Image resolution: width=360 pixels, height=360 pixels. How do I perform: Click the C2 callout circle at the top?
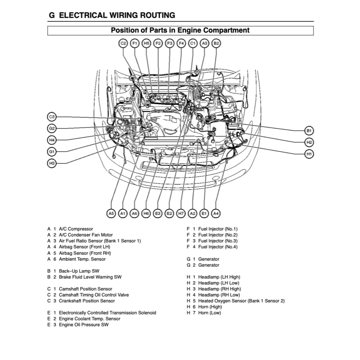tap(123, 43)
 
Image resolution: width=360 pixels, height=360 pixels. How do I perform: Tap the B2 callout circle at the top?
tap(216, 43)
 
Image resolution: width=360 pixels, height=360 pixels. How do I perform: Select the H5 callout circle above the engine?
tap(147, 43)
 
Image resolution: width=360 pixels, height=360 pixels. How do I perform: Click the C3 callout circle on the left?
tap(52, 117)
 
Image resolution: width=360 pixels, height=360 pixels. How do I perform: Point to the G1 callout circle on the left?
tap(52, 151)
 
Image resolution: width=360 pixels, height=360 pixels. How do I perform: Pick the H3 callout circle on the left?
tap(52, 163)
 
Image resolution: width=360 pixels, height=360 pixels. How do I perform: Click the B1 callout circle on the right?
tap(309, 130)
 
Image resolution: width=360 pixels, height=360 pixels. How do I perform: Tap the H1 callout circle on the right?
tap(309, 154)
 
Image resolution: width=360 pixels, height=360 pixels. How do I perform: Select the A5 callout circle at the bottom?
tap(111, 214)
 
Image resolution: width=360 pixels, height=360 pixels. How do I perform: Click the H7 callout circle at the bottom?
tap(181, 214)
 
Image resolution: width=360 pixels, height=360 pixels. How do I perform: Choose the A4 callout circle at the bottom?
tap(216, 214)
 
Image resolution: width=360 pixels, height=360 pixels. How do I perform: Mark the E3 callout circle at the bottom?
tap(158, 214)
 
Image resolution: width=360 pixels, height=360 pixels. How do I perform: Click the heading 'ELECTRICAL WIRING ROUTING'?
tap(117, 15)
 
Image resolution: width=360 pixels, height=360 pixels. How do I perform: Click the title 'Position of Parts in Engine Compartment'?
tap(180, 30)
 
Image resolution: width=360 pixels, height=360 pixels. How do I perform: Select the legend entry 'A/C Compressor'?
tap(76, 229)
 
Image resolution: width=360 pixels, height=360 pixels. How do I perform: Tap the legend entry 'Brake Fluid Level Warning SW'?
tap(90, 277)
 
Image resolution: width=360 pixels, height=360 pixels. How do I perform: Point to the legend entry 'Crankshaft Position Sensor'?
tap(87, 301)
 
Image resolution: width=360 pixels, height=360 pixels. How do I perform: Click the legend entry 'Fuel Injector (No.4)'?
tap(217, 247)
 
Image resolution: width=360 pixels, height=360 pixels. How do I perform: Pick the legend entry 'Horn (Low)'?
tap(209, 313)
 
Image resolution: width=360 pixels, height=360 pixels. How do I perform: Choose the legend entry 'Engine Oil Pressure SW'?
tap(83, 325)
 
